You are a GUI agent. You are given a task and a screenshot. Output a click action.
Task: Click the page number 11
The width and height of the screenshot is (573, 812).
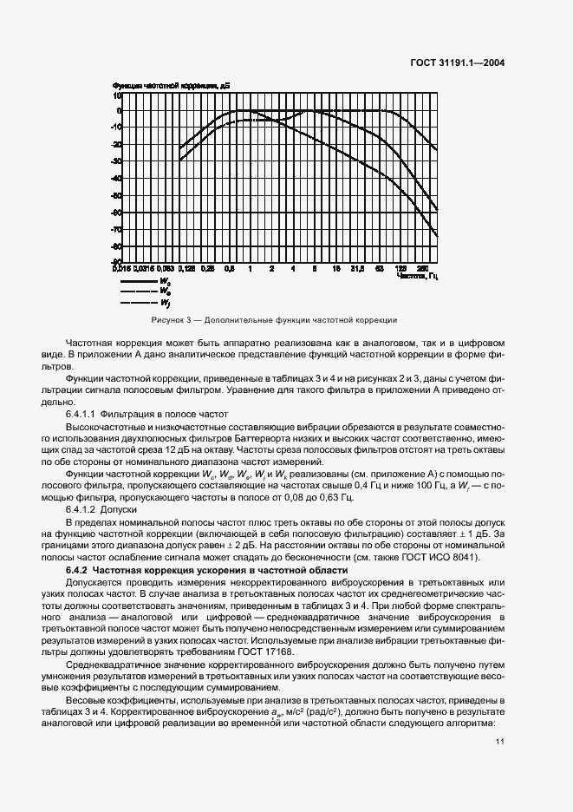pos(500,742)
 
